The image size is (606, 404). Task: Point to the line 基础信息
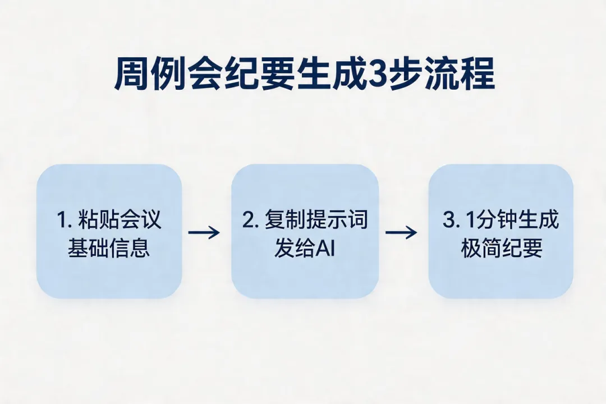click(x=109, y=248)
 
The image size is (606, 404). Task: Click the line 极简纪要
click(x=502, y=248)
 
